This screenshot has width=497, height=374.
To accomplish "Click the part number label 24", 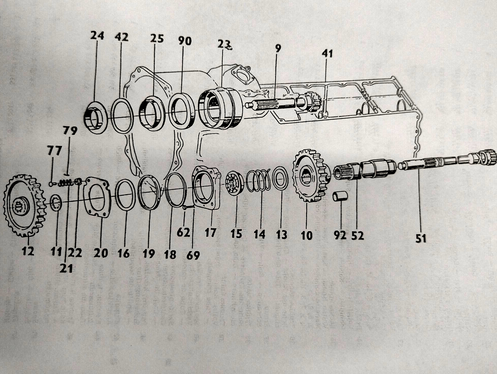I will [x=97, y=35].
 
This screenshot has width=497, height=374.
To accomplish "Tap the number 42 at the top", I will [x=122, y=37].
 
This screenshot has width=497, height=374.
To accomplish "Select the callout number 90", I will [x=185, y=41].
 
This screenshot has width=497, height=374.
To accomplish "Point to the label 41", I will [x=327, y=54].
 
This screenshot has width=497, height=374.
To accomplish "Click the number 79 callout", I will [x=70, y=131].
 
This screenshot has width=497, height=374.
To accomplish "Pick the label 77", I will [x=54, y=151].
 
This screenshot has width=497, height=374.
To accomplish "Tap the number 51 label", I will [x=421, y=239].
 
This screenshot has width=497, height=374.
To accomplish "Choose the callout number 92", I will [x=340, y=235].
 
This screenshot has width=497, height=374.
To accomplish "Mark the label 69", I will [x=193, y=255].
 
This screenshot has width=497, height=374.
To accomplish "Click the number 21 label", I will [x=66, y=269].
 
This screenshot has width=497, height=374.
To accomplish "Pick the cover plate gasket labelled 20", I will [x=98, y=198].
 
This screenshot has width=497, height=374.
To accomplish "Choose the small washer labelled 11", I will [x=56, y=203].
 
